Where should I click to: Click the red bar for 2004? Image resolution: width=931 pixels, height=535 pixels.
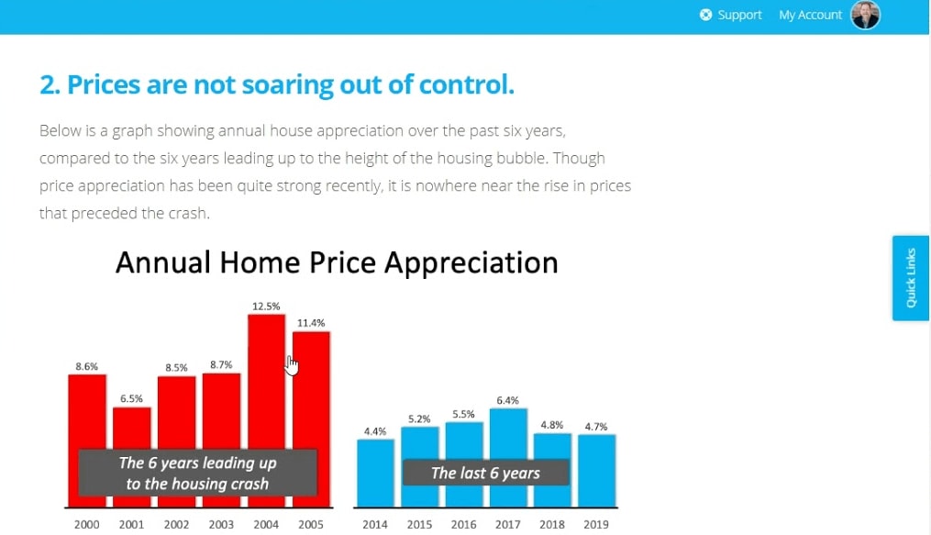pyautogui.click(x=266, y=380)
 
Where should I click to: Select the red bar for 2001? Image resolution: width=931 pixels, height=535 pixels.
pyautogui.click(x=131, y=428)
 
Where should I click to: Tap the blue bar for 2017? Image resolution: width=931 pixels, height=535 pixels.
pyautogui.click(x=508, y=433)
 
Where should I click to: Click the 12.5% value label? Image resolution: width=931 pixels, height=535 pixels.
pyautogui.click(x=266, y=307)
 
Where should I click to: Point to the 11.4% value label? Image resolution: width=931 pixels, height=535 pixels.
pyautogui.click(x=311, y=323)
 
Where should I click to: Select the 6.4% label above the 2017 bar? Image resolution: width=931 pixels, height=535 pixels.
pyautogui.click(x=507, y=400)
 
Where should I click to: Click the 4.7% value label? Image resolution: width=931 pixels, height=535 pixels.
pyautogui.click(x=596, y=427)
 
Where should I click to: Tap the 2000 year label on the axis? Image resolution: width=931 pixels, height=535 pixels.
pyautogui.click(x=87, y=524)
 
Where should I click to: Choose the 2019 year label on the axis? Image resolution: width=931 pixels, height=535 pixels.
pyautogui.click(x=596, y=524)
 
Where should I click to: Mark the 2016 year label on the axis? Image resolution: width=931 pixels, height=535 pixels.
pyautogui.click(x=463, y=524)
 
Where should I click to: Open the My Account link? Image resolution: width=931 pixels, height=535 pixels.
pyautogui.click(x=811, y=15)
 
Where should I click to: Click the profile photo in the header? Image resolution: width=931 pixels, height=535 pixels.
pyautogui.click(x=866, y=15)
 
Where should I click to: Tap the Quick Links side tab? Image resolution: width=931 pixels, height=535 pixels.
pyautogui.click(x=911, y=278)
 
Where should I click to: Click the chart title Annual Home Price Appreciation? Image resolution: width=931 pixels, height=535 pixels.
pyautogui.click(x=337, y=262)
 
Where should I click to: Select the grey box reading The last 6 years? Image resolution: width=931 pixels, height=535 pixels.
pyautogui.click(x=486, y=473)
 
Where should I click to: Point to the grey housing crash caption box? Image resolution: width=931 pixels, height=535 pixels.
pyautogui.click(x=198, y=473)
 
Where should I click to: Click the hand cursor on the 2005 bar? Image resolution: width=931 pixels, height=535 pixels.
pyautogui.click(x=291, y=365)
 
